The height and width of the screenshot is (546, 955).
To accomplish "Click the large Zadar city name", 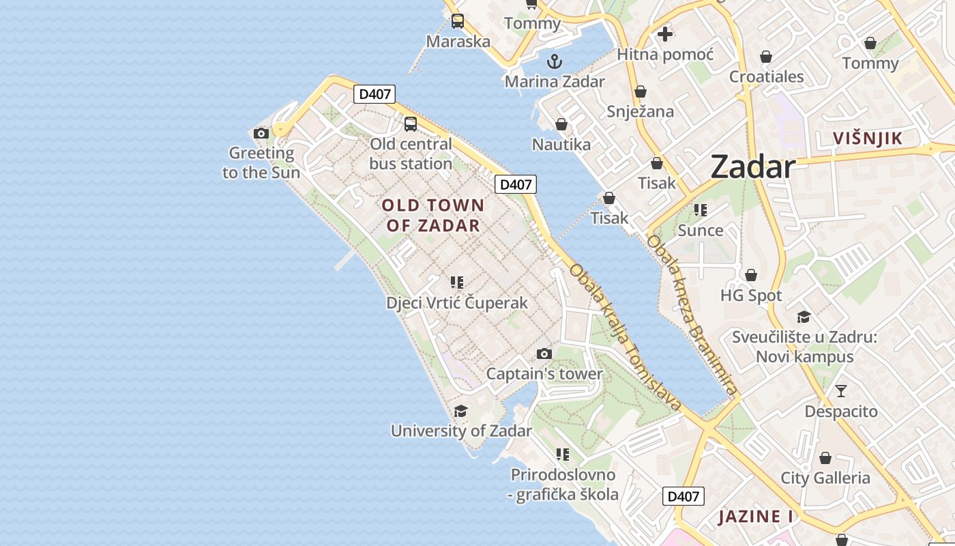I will click(x=753, y=167).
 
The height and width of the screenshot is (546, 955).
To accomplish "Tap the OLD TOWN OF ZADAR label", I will click(x=433, y=215).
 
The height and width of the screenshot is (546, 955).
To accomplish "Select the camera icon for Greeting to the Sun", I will click(x=261, y=133).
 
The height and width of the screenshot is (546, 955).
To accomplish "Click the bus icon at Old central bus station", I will click(x=411, y=124).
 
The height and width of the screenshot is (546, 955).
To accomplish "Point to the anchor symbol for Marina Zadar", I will click(x=555, y=61).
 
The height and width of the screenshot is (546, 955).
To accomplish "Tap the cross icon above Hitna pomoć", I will click(x=665, y=33).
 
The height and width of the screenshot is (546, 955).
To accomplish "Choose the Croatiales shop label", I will click(x=767, y=76).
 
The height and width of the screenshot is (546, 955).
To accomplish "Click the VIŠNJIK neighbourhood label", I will click(x=868, y=139).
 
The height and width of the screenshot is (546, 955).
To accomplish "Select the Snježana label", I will click(x=640, y=112).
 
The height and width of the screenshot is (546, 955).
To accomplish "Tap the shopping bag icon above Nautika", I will click(x=561, y=124).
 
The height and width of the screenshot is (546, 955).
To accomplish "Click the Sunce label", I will click(x=701, y=231).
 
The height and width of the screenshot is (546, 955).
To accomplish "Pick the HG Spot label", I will click(x=751, y=296).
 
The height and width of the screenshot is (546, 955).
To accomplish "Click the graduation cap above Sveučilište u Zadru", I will click(x=804, y=317).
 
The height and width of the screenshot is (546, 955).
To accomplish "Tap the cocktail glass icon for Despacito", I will click(x=841, y=391).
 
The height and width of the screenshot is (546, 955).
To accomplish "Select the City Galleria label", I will click(x=825, y=478).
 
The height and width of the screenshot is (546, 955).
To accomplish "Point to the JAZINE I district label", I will click(x=756, y=517).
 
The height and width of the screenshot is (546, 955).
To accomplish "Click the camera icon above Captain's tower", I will click(x=544, y=354).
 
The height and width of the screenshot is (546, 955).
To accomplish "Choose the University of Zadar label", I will click(x=461, y=431).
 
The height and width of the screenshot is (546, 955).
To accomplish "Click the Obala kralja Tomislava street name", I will click(x=625, y=338).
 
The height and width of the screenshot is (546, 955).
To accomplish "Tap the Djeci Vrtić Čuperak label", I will click(x=457, y=303).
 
